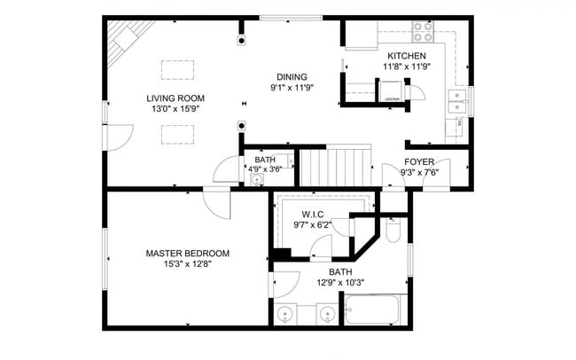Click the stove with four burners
[x=423, y=33]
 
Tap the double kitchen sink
[x=457, y=102]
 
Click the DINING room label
[x=292, y=76]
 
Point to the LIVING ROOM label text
[x=175, y=98]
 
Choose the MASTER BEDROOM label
[x=187, y=253]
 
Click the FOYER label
[x=419, y=161]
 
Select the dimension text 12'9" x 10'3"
[x=341, y=283]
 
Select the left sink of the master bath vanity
[x=286, y=314]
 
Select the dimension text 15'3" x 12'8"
[x=187, y=263]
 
